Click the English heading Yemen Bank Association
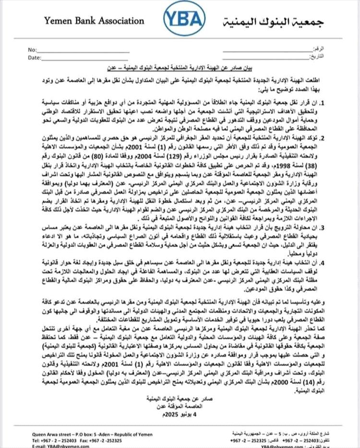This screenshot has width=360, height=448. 94,21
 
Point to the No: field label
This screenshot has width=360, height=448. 33,50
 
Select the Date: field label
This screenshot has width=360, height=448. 35,58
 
